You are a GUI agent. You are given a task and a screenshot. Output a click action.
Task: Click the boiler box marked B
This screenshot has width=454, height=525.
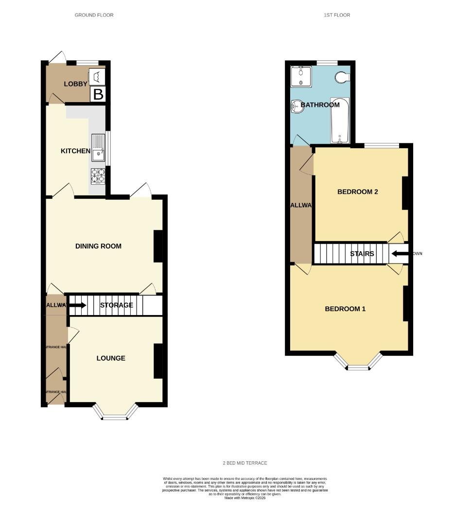(x=98, y=94)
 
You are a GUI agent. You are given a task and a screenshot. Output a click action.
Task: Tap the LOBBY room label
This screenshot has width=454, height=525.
(x=76, y=84)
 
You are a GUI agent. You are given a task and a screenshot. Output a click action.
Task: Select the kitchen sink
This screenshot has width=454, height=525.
(x=98, y=148)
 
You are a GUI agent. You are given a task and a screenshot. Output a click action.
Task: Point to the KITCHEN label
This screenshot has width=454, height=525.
(x=75, y=151)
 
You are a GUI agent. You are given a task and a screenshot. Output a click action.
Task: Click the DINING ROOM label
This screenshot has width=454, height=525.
(x=98, y=246)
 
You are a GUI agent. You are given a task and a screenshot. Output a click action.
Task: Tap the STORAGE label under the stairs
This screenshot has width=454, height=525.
(x=117, y=305)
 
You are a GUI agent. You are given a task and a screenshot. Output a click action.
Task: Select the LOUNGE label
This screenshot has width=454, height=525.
(x=111, y=358)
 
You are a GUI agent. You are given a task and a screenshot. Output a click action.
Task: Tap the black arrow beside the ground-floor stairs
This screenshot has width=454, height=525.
(x=78, y=305)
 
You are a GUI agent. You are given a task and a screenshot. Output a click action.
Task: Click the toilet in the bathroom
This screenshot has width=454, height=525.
(x=343, y=77)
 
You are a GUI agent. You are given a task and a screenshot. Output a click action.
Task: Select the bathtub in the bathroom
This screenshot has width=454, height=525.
(x=340, y=121)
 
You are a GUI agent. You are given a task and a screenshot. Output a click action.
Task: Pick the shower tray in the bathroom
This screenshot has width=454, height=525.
(x=300, y=76)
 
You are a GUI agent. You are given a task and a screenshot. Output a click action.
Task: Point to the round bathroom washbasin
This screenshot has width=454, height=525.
(x=297, y=106)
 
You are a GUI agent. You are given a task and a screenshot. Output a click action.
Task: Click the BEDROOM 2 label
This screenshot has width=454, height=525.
(x=358, y=192)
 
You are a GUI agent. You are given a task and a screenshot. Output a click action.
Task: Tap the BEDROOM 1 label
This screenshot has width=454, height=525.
(x=345, y=309)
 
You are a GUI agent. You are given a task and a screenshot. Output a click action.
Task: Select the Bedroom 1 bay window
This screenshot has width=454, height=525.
(x=358, y=365)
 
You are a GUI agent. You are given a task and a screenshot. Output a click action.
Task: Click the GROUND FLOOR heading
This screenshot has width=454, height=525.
(x=94, y=15)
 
